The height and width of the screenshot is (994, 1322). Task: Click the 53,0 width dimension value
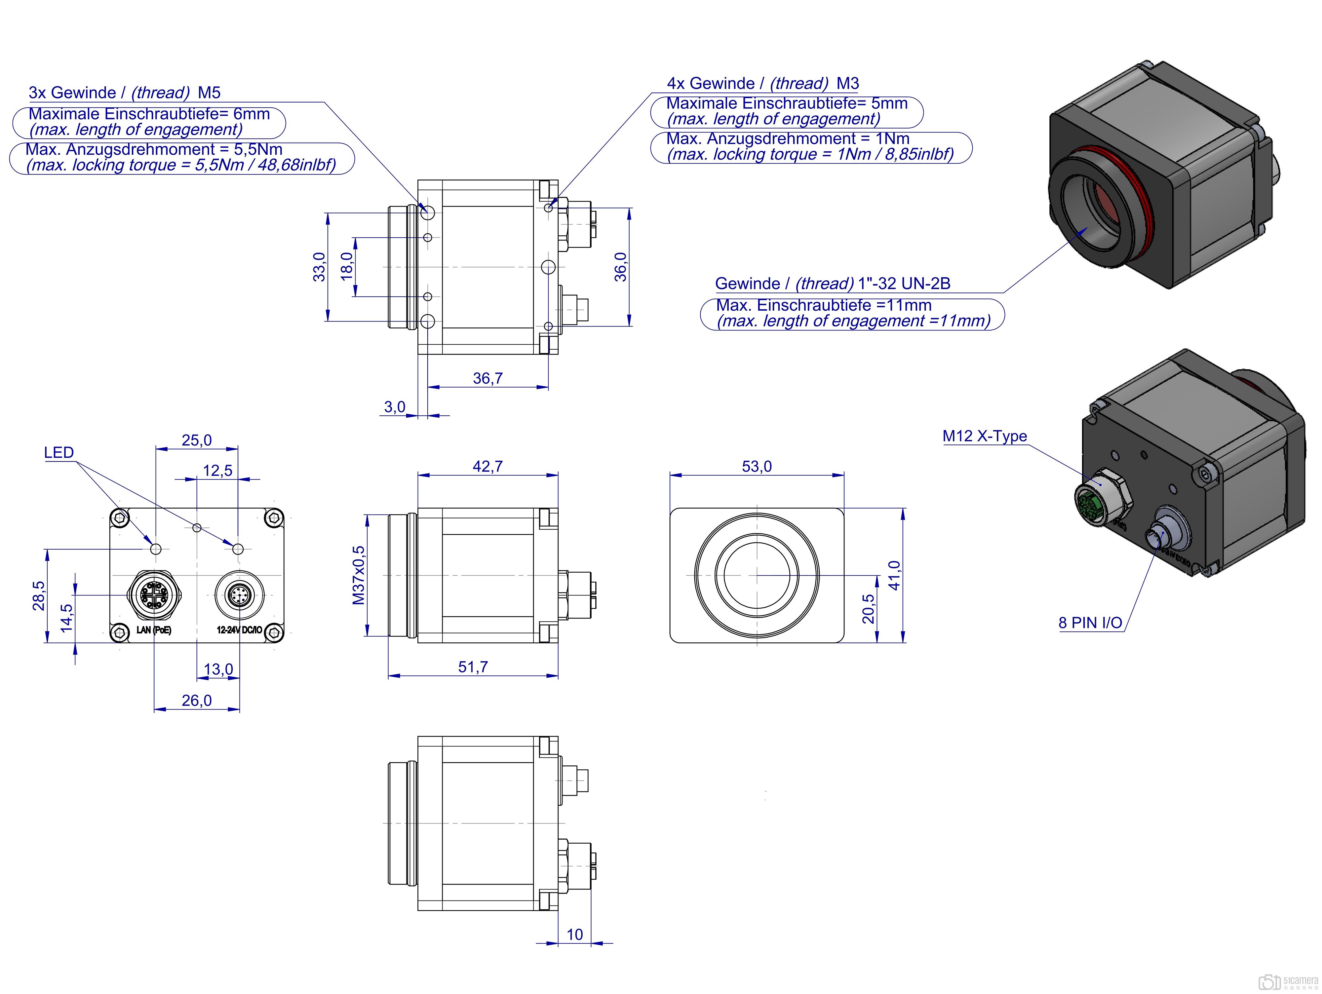click(757, 466)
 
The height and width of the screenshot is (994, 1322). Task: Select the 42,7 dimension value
click(488, 466)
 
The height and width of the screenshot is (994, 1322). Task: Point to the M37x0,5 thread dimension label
click(359, 575)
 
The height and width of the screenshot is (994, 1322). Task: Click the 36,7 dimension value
click(488, 378)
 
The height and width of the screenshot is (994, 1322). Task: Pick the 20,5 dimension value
click(868, 608)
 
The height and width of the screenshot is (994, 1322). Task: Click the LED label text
click(58, 452)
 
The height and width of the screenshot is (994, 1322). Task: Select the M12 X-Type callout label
click(984, 436)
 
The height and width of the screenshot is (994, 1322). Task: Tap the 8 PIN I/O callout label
click(1090, 623)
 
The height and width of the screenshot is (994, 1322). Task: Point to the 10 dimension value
click(574, 934)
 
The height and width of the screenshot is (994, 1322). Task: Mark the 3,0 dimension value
click(394, 407)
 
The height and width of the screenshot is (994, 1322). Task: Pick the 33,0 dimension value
click(320, 267)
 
